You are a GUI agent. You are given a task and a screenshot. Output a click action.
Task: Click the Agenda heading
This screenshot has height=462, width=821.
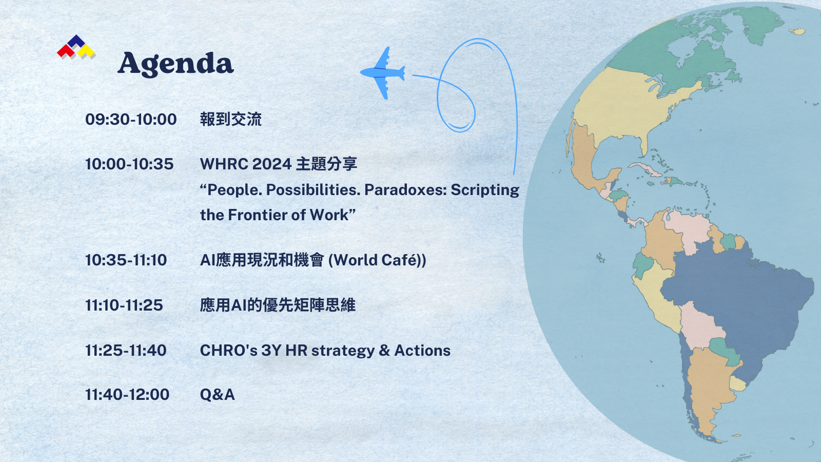pos(175,64)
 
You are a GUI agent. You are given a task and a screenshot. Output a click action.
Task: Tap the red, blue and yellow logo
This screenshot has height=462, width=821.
pos(76,47)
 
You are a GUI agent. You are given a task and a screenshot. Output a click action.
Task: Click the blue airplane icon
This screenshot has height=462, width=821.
pos(383,72)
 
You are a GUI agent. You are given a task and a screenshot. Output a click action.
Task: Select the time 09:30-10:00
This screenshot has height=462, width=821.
pos(131,120)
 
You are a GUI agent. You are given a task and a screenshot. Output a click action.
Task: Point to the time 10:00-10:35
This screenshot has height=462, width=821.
pos(129,164)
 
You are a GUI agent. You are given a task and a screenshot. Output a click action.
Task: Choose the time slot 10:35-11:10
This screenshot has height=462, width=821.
pos(126,260)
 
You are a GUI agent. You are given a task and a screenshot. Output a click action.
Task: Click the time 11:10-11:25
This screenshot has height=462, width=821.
pos(124,305)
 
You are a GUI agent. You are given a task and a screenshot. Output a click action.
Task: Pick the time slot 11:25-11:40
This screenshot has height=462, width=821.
pos(126,351)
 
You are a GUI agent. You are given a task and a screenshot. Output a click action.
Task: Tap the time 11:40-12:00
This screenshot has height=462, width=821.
pos(127,395)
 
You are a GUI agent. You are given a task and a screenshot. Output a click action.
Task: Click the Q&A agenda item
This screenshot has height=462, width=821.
pos(218,395)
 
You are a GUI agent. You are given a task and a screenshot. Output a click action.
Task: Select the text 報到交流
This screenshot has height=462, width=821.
pos(231,120)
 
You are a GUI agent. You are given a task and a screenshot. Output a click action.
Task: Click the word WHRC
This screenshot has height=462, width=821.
pos(224,164)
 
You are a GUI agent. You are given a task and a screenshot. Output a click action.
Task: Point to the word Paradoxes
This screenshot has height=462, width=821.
pos(404,190)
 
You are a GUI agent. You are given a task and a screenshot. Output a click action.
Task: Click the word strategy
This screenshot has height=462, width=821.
pos(343,351)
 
